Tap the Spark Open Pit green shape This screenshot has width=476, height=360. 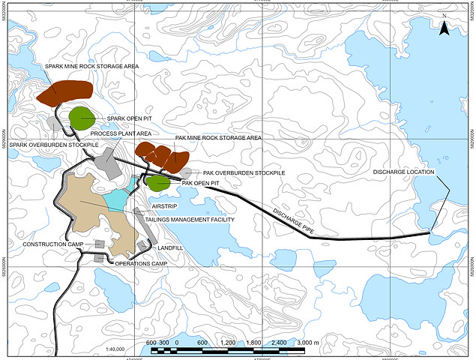click(x=81, y=118)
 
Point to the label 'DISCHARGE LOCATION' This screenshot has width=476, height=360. click(x=404, y=172)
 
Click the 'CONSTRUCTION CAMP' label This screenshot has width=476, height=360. click(x=52, y=244)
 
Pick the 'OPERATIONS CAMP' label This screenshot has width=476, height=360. click(x=140, y=263)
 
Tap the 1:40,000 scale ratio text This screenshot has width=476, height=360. click(x=115, y=349)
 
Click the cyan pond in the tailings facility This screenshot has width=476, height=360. click(x=118, y=198)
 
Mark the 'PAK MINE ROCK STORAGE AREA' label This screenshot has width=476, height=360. click(x=218, y=138)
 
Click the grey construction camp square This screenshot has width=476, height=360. click(x=99, y=244)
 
